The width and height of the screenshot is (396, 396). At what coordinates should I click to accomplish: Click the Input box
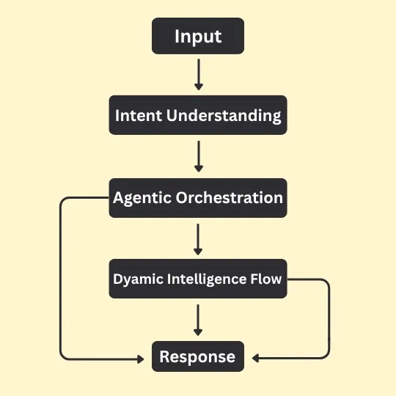pos(197,37)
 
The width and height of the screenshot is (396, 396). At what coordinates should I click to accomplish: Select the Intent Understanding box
pos(197,115)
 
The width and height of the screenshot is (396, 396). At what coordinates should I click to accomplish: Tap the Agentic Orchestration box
pos(197,198)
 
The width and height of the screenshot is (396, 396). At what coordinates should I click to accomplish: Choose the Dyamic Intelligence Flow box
pos(197,279)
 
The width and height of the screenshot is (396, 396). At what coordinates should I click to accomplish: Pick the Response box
pos(197,357)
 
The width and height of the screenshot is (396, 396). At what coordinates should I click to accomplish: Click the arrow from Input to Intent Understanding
pos(198,74)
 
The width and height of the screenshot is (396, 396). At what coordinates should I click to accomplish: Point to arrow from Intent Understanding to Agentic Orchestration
pos(198,155)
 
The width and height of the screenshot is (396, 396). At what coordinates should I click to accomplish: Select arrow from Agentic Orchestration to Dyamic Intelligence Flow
pos(198,238)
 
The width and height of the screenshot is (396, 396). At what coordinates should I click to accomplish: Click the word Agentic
pos(141,198)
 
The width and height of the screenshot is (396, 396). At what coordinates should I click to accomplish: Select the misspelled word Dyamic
pos(133,279)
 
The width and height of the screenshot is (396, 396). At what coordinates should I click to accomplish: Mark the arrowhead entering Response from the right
pos(255,359)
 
